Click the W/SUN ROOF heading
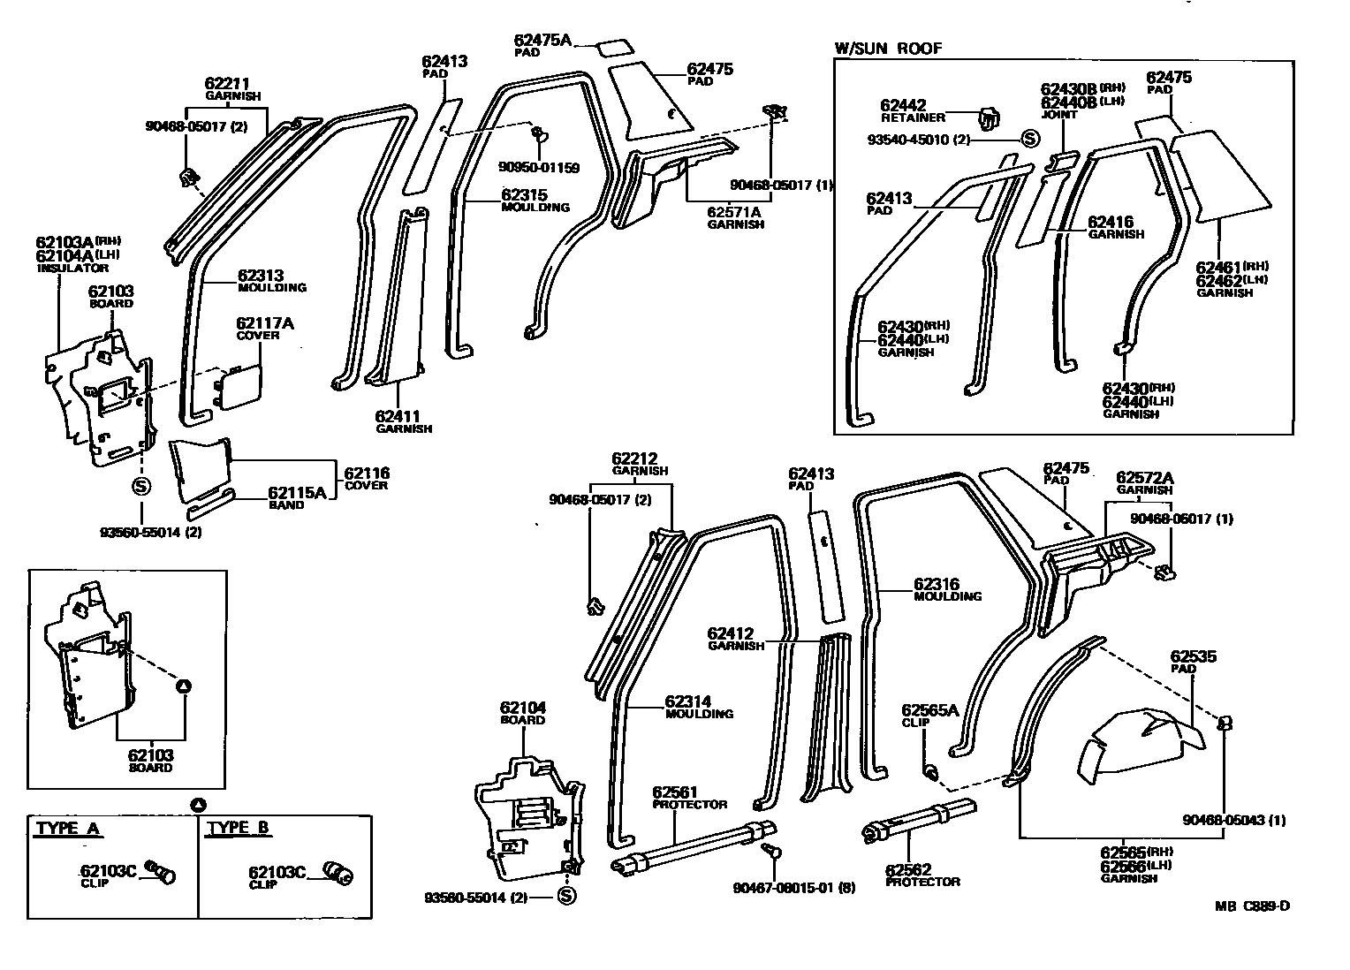coord(888,49)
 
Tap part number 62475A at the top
coord(542,40)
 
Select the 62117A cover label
coord(265,323)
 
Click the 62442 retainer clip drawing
coord(989,116)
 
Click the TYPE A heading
coord(67,829)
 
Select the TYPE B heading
coord(239,829)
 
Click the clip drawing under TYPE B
coord(337,873)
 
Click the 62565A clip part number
coord(929,710)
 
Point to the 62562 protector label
coord(909,870)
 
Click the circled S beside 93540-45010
coord(1029,138)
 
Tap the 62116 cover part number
coord(367,474)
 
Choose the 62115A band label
coord(297,493)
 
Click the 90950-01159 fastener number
coord(539,167)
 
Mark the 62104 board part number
coord(522,708)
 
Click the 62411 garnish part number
coord(398,416)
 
